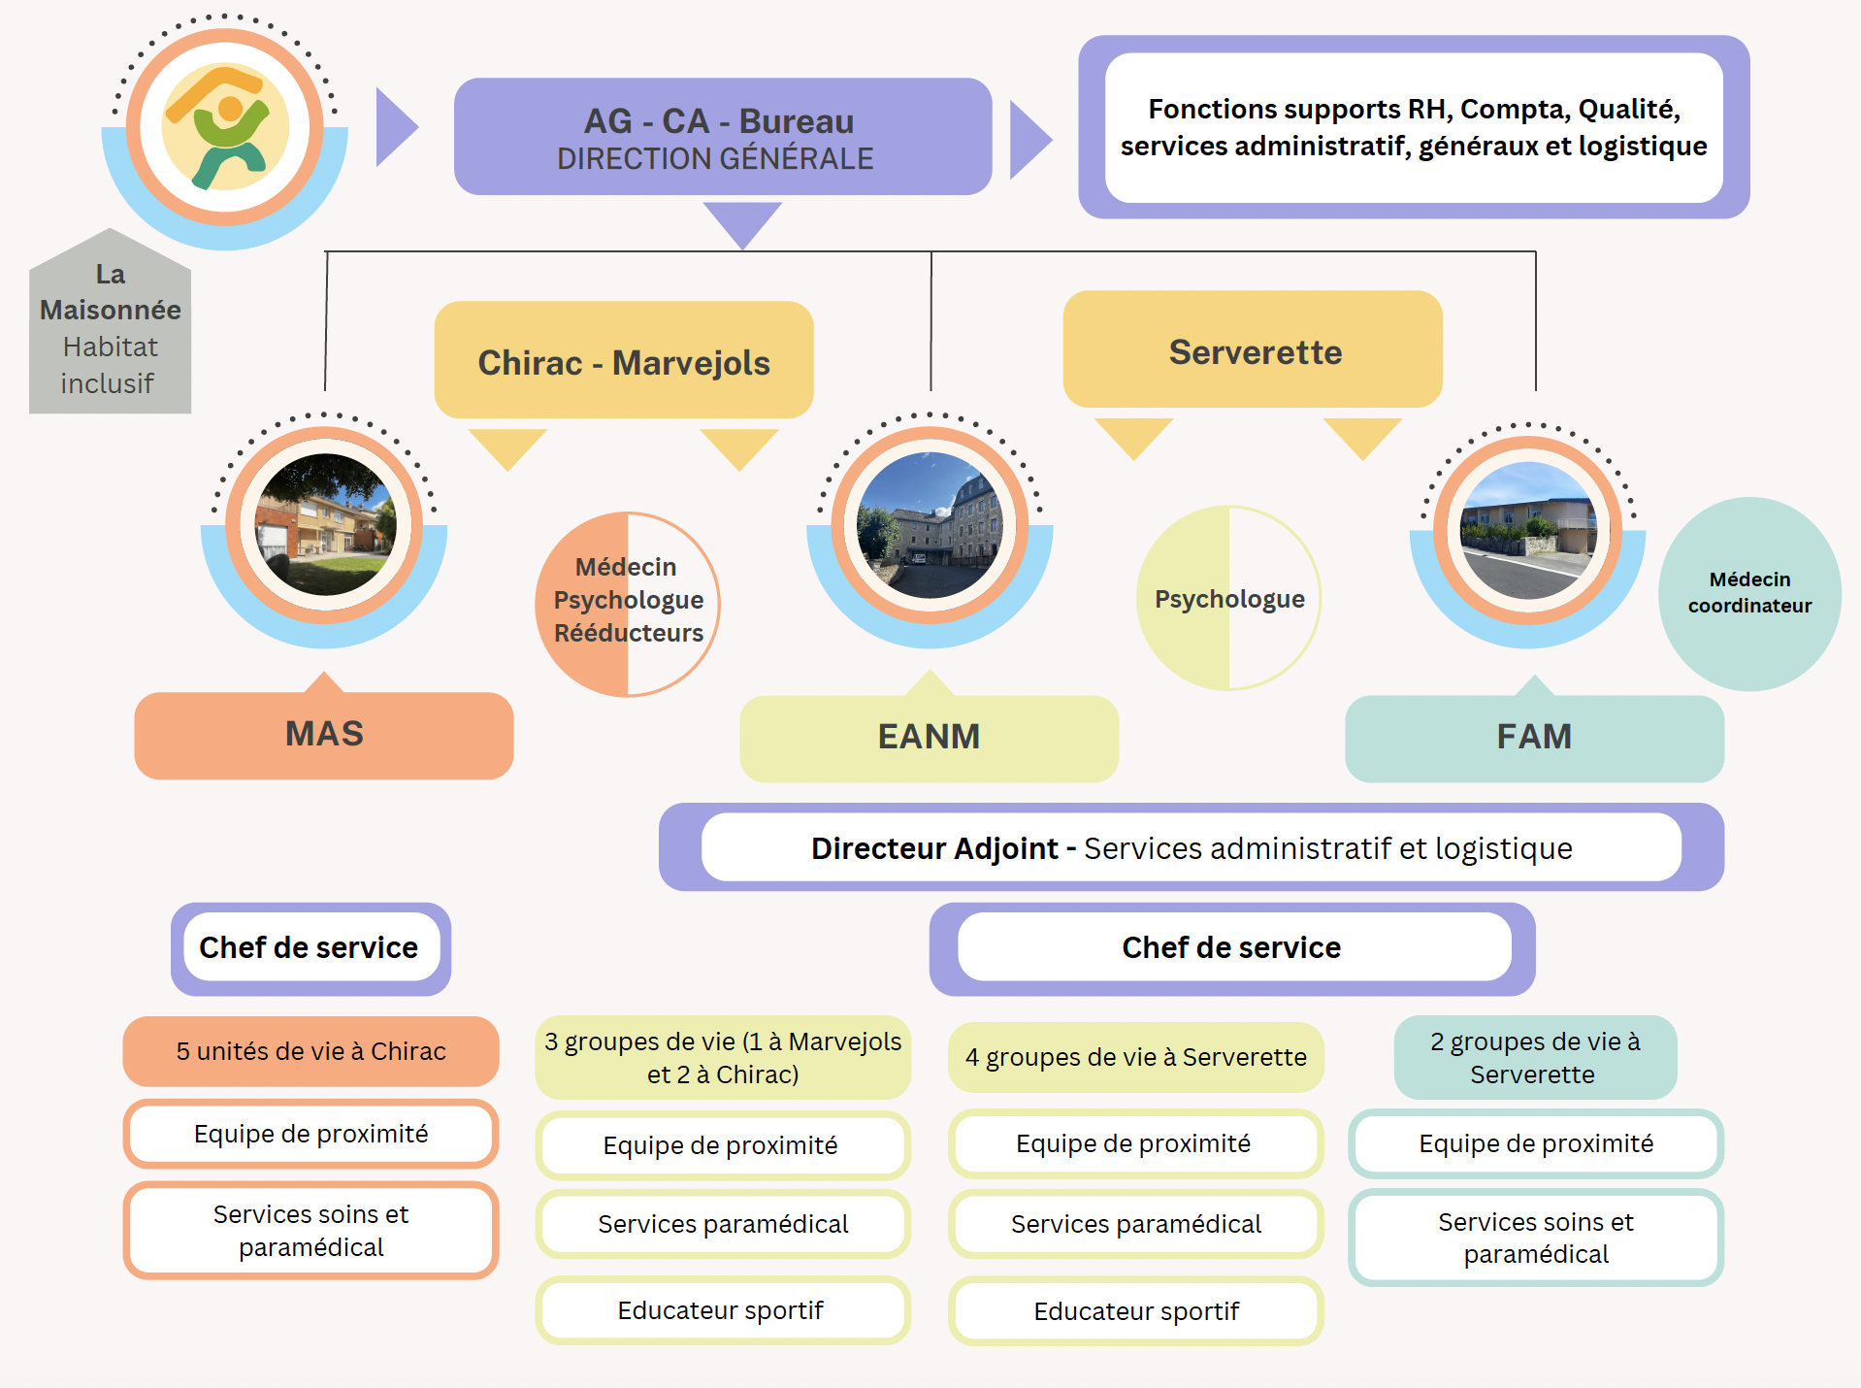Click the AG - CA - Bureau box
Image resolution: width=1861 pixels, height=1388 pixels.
point(722,137)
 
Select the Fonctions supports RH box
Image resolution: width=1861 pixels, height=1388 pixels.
point(1413,127)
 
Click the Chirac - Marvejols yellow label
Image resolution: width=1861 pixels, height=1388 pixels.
point(623,361)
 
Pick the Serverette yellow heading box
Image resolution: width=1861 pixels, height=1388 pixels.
point(1253,350)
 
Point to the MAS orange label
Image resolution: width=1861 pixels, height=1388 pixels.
point(323,735)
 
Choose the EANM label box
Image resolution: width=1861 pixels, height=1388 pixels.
point(929,738)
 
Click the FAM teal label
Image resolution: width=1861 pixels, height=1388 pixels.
point(1533,738)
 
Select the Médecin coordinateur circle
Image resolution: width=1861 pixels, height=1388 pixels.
point(1749,593)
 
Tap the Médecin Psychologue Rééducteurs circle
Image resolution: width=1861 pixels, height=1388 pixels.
point(628,603)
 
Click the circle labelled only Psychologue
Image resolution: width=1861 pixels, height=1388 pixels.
point(1228,599)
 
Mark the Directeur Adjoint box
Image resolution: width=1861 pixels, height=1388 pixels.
point(1191,847)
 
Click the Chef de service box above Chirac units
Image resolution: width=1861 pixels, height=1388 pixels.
point(310,948)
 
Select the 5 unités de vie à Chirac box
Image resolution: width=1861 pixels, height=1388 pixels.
point(310,1051)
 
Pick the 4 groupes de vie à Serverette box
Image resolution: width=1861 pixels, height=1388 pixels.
point(1135,1057)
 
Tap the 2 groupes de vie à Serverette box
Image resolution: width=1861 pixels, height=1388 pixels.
point(1535,1057)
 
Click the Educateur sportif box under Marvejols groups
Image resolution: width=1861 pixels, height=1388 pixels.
point(721,1310)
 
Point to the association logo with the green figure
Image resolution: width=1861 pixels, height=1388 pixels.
point(225,127)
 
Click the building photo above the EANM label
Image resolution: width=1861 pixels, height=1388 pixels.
point(930,525)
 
